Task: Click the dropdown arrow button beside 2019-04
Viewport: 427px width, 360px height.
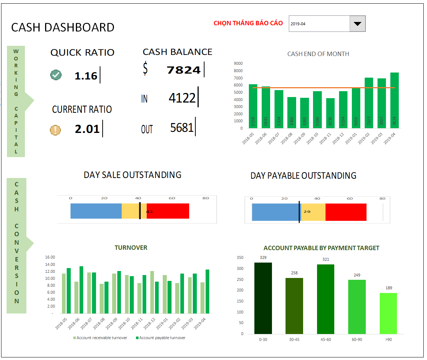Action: pos(358,24)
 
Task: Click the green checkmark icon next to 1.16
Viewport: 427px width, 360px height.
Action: pos(56,75)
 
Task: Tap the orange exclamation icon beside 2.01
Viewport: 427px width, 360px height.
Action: pos(55,130)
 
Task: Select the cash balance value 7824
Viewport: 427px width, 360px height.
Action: pos(184,70)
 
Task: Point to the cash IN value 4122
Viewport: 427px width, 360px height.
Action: pos(182,98)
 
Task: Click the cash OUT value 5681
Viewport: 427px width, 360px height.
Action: pos(182,127)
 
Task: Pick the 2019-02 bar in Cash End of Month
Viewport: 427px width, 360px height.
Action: pos(369,103)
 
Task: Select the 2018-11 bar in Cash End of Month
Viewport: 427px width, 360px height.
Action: pos(330,113)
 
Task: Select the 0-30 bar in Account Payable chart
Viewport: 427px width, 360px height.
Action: pos(263,298)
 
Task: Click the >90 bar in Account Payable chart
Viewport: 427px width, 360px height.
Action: pos(388,313)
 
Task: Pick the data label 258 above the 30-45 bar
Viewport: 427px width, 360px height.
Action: pos(294,273)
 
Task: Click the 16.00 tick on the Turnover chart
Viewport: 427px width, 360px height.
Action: pos(50,257)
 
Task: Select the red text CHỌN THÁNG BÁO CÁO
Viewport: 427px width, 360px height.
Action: pos(248,23)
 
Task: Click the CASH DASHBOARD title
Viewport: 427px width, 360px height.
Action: pos(63,27)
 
